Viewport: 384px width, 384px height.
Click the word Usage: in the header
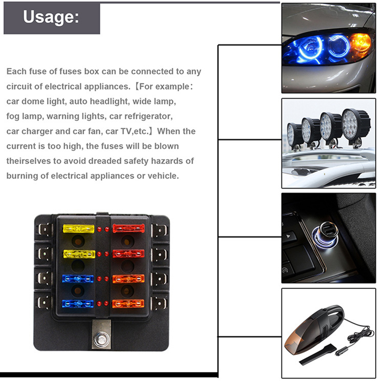tap(51, 17)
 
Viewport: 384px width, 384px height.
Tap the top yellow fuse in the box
tap(79, 229)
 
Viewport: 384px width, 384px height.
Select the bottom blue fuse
tap(78, 304)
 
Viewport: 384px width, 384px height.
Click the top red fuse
tap(128, 228)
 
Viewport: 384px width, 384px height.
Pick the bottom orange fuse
tap(128, 304)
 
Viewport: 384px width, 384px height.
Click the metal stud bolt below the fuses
tap(101, 339)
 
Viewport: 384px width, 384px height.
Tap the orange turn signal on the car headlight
tap(360, 43)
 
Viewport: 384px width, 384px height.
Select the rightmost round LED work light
tap(355, 125)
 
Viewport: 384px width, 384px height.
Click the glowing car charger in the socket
tap(326, 235)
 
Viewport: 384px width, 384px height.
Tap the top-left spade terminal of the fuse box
tap(44, 230)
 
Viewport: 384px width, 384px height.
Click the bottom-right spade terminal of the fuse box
tap(159, 303)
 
